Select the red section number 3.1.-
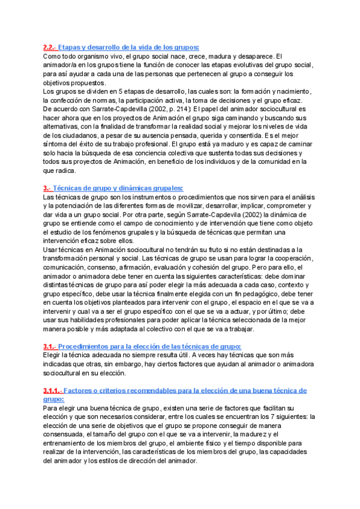click(x=49, y=346)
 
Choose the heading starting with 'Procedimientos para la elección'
click(x=150, y=346)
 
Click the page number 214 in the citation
click(x=161, y=109)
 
